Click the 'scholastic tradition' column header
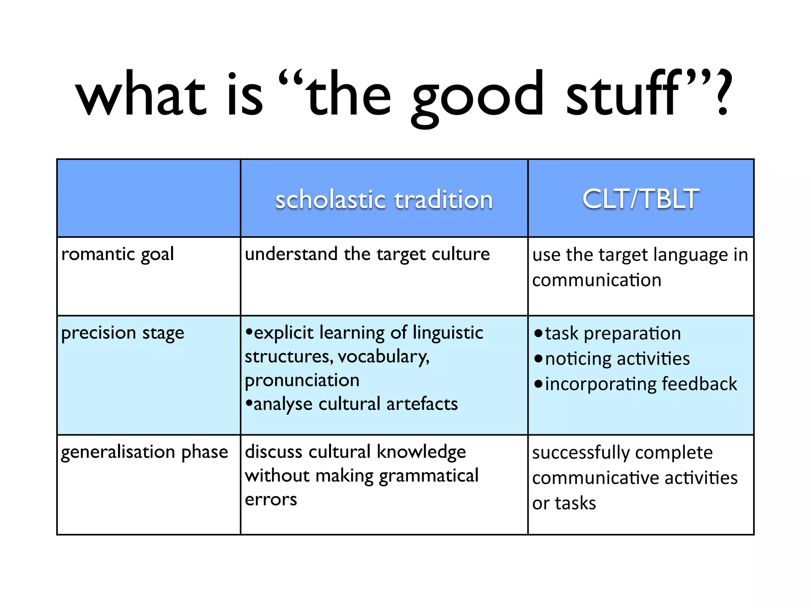[384, 199]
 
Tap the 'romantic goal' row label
[118, 254]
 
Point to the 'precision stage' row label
[123, 333]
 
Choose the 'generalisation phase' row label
[145, 452]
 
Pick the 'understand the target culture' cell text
[367, 254]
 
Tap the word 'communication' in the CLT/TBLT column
[596, 280]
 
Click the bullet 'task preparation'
[612, 333]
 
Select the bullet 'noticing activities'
[617, 359]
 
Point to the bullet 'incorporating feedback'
[640, 384]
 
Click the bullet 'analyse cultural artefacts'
[355, 404]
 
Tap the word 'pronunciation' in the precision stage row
[302, 380]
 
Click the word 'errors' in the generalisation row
[271, 500]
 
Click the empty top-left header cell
[148, 198]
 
